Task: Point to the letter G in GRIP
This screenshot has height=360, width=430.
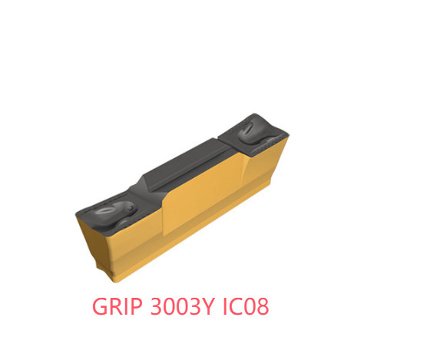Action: pos(101,306)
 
